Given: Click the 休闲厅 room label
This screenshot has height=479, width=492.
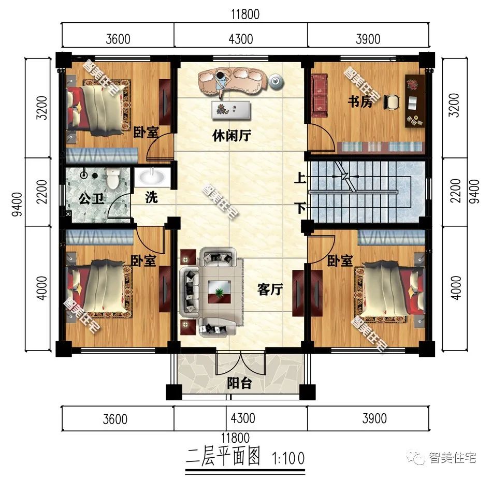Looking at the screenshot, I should [x=232, y=136].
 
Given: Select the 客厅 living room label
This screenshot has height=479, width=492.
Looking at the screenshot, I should [x=270, y=290].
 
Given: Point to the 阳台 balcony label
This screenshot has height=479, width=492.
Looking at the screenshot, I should [x=240, y=384].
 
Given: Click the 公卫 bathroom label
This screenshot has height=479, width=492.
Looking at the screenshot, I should [x=90, y=198].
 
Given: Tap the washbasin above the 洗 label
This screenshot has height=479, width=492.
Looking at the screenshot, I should [x=152, y=178].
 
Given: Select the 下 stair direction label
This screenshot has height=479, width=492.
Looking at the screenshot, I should [x=299, y=208].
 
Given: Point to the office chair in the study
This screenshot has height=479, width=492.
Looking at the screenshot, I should [x=392, y=101].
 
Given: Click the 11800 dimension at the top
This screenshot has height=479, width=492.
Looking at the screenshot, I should [x=245, y=14].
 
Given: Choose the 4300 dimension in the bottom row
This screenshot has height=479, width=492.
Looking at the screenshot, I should [x=240, y=418].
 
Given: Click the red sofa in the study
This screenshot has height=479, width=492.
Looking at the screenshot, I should [x=320, y=94].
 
